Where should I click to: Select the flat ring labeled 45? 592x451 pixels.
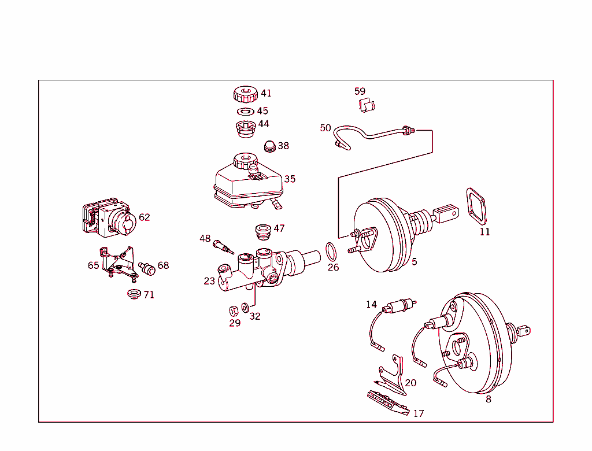pyautogui.click(x=245, y=111)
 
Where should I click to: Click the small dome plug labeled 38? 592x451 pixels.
pyautogui.click(x=270, y=146)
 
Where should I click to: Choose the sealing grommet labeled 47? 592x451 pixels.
pyautogui.click(x=264, y=231)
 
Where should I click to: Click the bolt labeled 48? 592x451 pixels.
pyautogui.click(x=222, y=246)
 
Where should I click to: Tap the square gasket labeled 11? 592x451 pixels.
pyautogui.click(x=476, y=206)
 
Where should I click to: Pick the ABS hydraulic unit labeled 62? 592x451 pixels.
pyautogui.click(x=109, y=220)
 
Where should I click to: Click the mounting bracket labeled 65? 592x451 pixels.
pyautogui.click(x=117, y=263)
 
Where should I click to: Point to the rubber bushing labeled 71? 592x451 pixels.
pyautogui.click(x=135, y=294)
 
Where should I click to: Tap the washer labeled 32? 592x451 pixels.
pyautogui.click(x=245, y=306)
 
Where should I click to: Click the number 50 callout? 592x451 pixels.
pyautogui.click(x=325, y=128)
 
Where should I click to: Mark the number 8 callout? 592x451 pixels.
pyautogui.click(x=489, y=399)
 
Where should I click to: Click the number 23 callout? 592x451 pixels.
pyautogui.click(x=209, y=281)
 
